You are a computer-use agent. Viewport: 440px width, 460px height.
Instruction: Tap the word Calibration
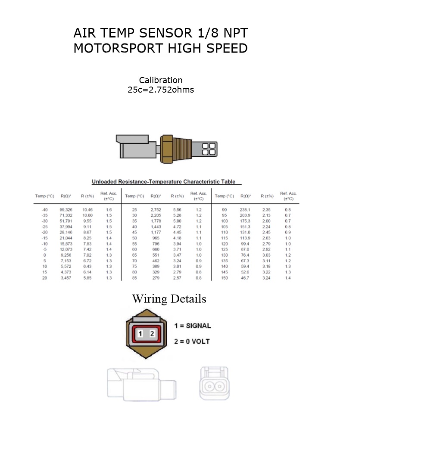click(160, 81)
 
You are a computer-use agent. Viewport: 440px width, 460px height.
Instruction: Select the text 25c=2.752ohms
click(160, 90)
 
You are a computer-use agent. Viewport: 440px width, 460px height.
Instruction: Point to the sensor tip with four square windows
click(209, 149)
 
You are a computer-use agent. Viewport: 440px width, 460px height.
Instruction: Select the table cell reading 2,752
click(156, 210)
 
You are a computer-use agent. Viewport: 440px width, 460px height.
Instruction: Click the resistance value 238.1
click(245, 210)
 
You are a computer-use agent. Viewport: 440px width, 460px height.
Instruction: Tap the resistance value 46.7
click(245, 278)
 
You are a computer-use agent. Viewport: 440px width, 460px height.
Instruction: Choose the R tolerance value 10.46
click(87, 210)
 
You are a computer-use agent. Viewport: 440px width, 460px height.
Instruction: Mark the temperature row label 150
click(224, 278)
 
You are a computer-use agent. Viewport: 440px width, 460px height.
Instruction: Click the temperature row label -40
click(44, 210)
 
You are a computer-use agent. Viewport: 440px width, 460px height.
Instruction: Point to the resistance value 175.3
click(245, 221)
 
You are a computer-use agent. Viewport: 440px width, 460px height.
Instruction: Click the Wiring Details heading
click(169, 299)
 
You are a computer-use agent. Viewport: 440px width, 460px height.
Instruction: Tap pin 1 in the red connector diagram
click(140, 334)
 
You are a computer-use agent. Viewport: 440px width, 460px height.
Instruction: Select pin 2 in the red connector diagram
click(152, 334)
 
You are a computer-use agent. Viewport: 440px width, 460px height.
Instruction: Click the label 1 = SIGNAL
click(192, 326)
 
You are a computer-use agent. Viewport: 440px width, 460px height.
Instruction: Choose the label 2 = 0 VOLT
click(192, 342)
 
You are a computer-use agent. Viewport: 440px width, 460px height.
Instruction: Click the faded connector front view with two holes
click(214, 383)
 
